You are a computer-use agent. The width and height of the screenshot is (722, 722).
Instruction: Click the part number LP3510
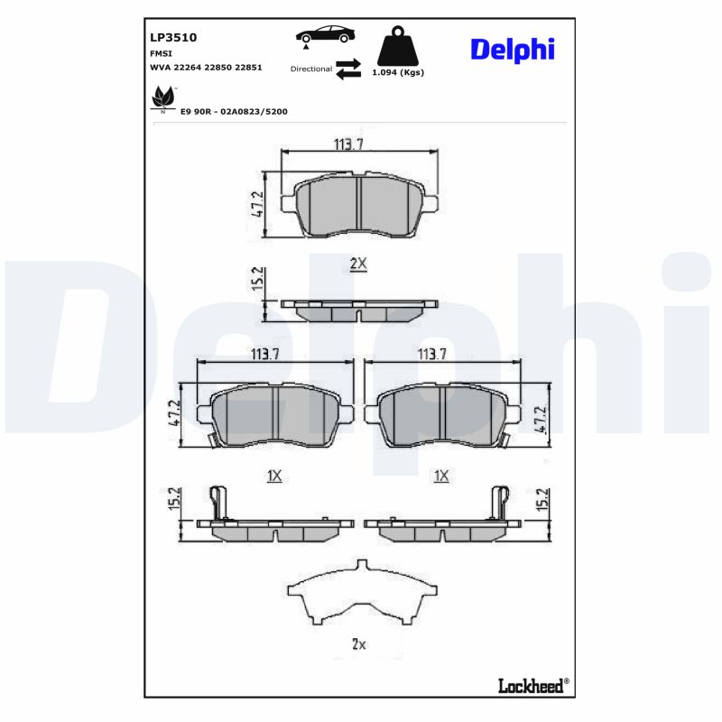click(x=172, y=38)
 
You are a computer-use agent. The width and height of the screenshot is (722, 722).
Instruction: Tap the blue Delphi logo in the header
click(x=512, y=49)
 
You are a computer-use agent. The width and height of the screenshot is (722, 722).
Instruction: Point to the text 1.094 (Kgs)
click(x=398, y=72)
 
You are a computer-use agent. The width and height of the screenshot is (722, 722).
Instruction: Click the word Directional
click(x=311, y=69)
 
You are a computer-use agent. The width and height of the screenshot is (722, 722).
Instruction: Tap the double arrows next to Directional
click(x=348, y=69)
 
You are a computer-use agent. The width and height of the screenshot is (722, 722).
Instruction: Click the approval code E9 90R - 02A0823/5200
click(x=234, y=111)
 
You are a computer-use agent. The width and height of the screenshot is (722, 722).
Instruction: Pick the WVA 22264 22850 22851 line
click(x=206, y=68)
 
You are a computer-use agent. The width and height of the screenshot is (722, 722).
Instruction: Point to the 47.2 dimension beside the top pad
click(x=256, y=204)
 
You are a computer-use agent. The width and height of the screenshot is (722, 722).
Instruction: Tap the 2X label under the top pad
click(x=358, y=264)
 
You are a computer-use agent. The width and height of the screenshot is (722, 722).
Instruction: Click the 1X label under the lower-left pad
click(x=274, y=475)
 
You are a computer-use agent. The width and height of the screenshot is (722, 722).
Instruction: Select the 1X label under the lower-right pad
click(x=441, y=475)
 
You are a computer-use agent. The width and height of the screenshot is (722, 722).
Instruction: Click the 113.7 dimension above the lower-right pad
click(x=431, y=355)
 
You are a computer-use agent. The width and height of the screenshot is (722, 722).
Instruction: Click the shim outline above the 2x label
click(x=360, y=596)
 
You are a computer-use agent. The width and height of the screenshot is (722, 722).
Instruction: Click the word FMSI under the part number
click(x=162, y=54)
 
